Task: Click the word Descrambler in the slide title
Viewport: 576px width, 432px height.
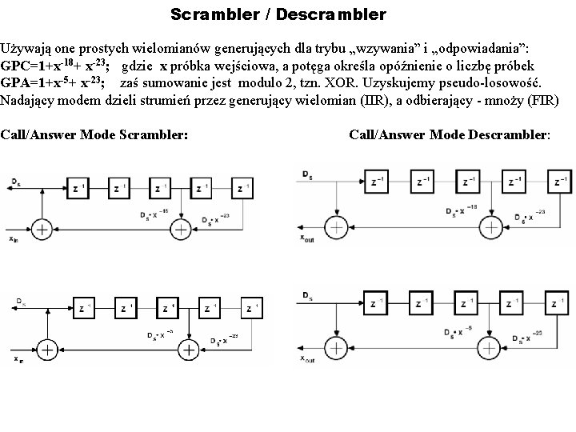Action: tap(336, 14)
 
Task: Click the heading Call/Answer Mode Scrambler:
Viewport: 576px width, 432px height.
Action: tap(94, 134)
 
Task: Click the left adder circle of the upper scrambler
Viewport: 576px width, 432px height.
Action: tap(41, 230)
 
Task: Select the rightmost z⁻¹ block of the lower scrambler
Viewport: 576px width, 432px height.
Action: tap(252, 307)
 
